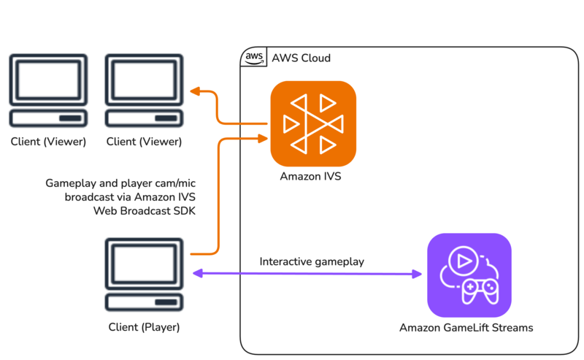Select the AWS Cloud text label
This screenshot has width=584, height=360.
pyautogui.click(x=301, y=58)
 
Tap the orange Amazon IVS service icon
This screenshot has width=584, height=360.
pyautogui.click(x=313, y=123)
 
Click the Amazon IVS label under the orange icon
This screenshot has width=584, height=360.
pyautogui.click(x=310, y=177)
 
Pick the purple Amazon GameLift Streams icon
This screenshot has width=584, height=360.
pyautogui.click(x=469, y=275)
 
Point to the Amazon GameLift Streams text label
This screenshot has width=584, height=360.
pyautogui.click(x=466, y=328)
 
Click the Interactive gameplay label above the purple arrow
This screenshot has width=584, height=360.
pyautogui.click(x=312, y=261)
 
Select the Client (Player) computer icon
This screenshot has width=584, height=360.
pyautogui.click(x=144, y=275)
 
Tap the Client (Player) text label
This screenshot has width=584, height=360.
pyautogui.click(x=144, y=327)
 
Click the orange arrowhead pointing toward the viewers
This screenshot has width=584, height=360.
pyautogui.click(x=195, y=91)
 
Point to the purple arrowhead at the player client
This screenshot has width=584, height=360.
pyautogui.click(x=197, y=274)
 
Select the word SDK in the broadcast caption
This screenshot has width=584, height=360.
pyautogui.click(x=184, y=211)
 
